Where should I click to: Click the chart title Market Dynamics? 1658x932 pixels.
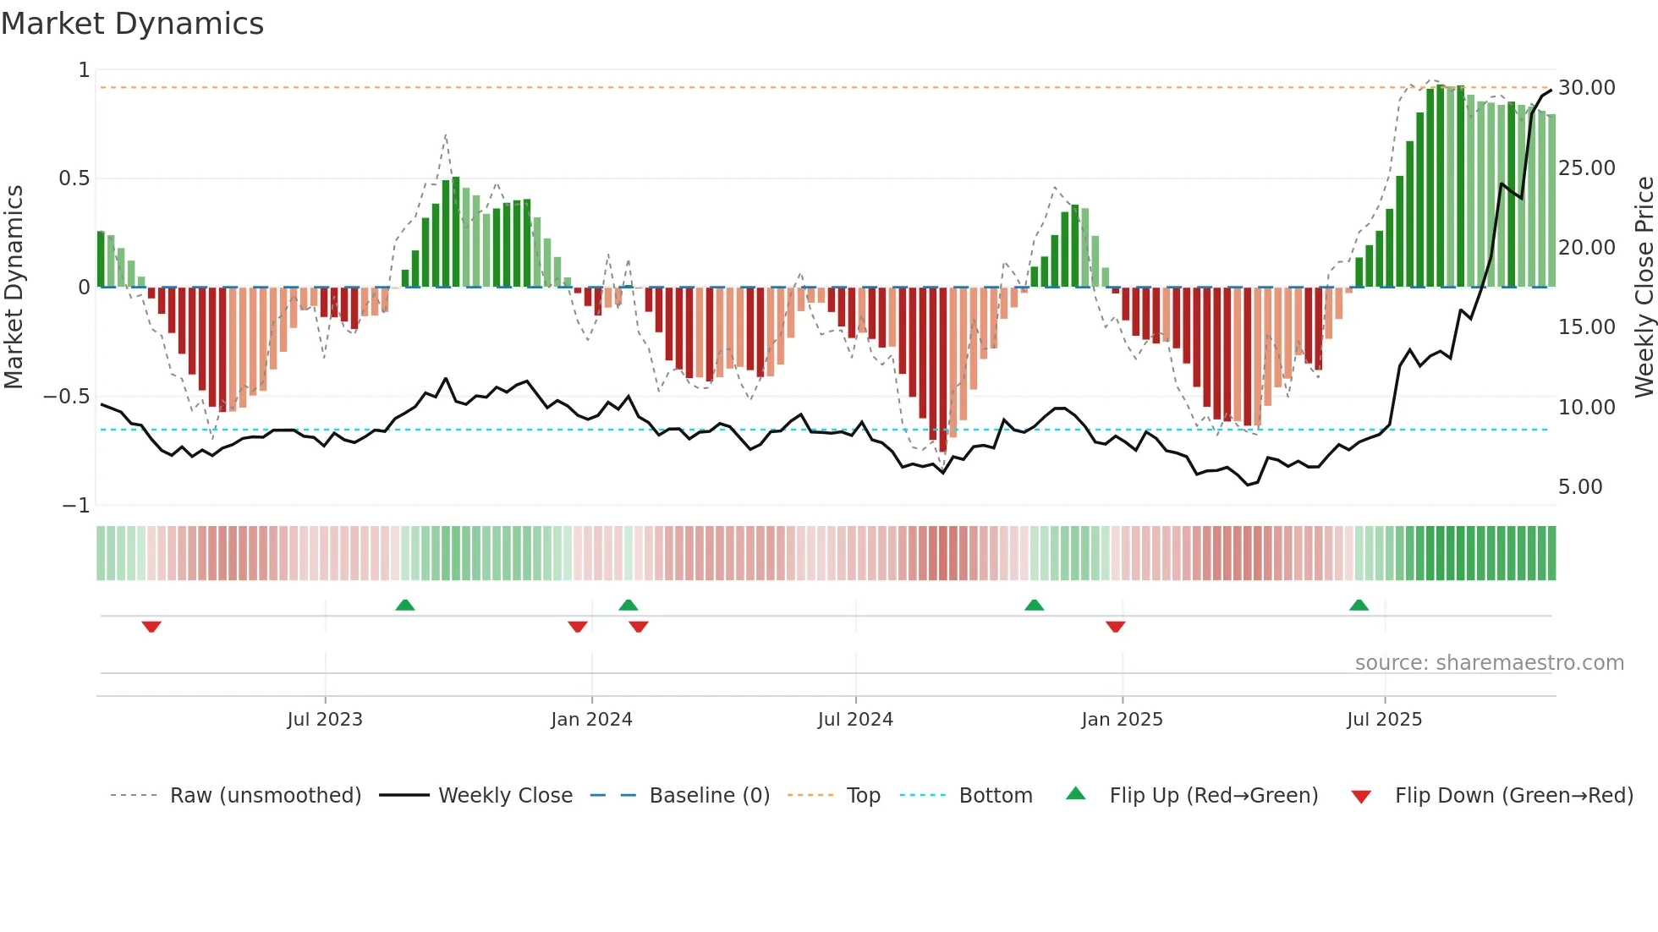pyautogui.click(x=133, y=24)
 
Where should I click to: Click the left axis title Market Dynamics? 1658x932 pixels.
pyautogui.click(x=14, y=287)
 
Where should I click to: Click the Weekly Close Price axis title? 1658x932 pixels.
pyautogui.click(x=1644, y=287)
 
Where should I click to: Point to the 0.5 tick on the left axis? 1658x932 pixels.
pyautogui.click(x=74, y=178)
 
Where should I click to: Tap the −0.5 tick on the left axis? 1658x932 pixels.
pyautogui.click(x=67, y=397)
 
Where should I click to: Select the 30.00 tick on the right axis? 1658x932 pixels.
pyautogui.click(x=1586, y=88)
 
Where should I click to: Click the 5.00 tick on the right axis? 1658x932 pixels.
pyautogui.click(x=1580, y=487)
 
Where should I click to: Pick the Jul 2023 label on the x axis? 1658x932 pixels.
pyautogui.click(x=325, y=720)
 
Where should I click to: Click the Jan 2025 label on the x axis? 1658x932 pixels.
pyautogui.click(x=1122, y=720)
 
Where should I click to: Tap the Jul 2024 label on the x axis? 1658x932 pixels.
pyautogui.click(x=855, y=720)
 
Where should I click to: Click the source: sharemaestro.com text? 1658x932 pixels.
pyautogui.click(x=1489, y=663)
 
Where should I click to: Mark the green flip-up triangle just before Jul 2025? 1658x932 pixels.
pyautogui.click(x=1359, y=605)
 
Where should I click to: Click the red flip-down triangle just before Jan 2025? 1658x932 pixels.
pyautogui.click(x=1115, y=627)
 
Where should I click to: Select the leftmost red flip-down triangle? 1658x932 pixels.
pyautogui.click(x=151, y=627)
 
